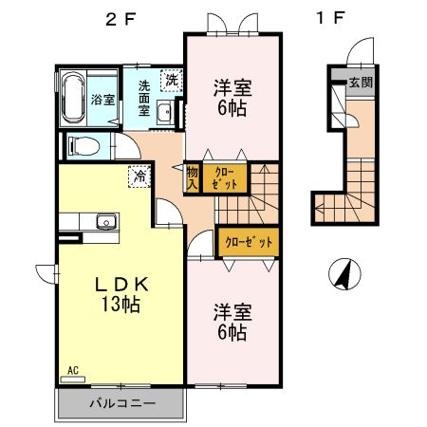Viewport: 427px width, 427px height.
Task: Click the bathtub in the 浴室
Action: [x=73, y=99]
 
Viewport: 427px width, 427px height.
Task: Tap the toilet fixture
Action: [x=84, y=146]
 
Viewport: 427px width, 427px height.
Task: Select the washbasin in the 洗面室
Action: [x=164, y=112]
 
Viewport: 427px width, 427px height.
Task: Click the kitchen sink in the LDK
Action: [x=106, y=221]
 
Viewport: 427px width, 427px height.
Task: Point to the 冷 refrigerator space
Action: [x=139, y=176]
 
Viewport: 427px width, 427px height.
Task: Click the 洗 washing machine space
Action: [x=172, y=81]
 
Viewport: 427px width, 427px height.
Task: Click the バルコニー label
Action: [x=122, y=403]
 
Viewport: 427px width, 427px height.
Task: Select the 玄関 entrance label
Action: [x=361, y=83]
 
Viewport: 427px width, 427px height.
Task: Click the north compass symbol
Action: [x=344, y=274]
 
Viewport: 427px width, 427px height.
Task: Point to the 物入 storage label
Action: [x=192, y=178]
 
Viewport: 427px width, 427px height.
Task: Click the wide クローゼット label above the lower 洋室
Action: [x=249, y=242]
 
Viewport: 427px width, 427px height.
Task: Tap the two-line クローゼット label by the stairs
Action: [x=225, y=178]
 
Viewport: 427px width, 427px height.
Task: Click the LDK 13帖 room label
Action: [x=121, y=294]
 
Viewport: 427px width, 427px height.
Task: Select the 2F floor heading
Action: [x=121, y=20]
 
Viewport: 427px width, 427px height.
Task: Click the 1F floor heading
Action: [x=330, y=18]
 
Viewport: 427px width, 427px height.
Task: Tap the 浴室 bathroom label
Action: [x=102, y=100]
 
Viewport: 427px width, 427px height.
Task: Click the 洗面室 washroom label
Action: [x=144, y=99]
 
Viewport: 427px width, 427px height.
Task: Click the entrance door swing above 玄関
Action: [x=360, y=50]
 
